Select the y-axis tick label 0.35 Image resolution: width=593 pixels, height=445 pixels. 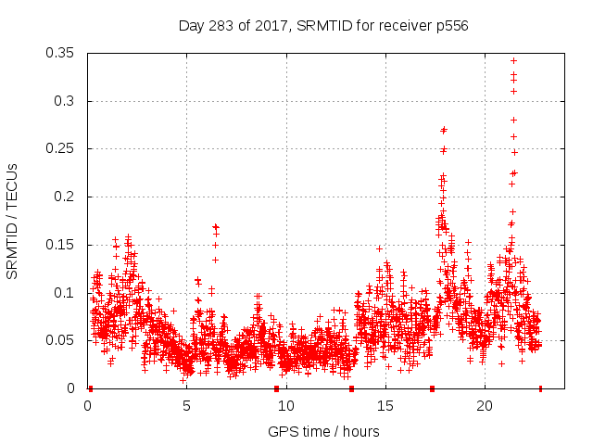[61, 53]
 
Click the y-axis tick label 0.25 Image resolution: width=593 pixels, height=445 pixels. [61, 149]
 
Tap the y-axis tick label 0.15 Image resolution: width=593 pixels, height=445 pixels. [61, 245]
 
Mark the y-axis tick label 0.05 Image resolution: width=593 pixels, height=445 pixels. [61, 340]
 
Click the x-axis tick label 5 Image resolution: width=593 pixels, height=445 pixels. [186, 406]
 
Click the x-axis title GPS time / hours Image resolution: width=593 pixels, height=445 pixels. [323, 431]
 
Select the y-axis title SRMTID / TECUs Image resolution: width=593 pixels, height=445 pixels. [12, 221]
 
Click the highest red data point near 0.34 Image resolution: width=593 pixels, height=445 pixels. [513, 61]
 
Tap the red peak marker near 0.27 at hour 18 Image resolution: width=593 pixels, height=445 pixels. [444, 130]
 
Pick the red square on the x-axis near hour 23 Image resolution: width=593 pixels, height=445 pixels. [540, 388]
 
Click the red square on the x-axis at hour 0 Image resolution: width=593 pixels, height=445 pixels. [90, 388]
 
